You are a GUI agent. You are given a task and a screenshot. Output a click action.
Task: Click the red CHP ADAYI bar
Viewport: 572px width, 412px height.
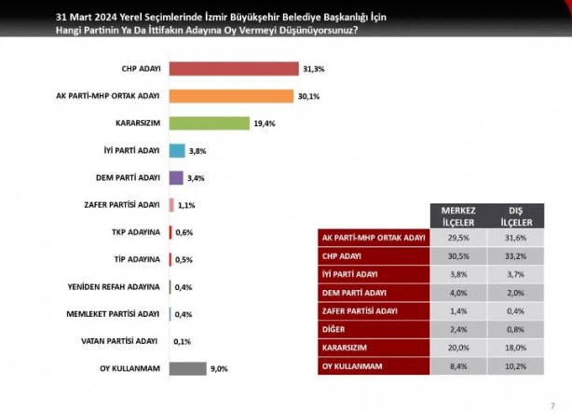[234, 69]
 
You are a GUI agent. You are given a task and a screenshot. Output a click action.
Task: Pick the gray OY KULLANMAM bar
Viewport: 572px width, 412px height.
[187, 368]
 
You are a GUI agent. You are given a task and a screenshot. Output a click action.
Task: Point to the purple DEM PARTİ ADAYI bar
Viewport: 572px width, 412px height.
[176, 177]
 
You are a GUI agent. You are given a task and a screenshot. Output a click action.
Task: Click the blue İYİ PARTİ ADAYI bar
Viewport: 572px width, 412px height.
[177, 150]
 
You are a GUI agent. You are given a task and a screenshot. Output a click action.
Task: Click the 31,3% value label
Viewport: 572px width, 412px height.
[312, 69]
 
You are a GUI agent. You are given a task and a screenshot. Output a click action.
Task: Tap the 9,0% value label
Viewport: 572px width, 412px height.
[219, 368]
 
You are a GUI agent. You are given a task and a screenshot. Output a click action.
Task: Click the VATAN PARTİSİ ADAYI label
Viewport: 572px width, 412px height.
[128, 341]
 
